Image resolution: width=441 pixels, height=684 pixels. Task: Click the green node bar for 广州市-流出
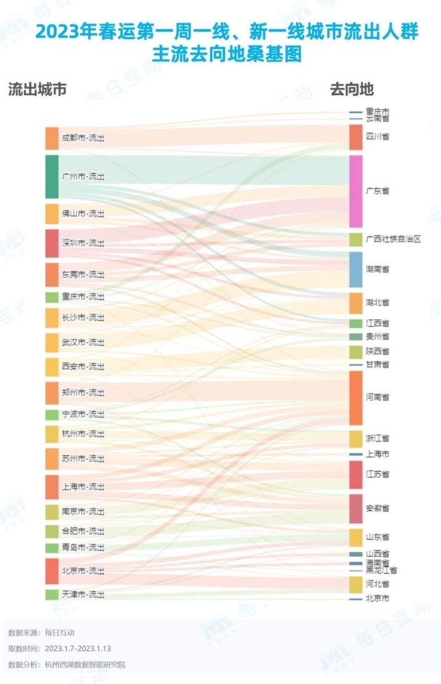click(52, 177)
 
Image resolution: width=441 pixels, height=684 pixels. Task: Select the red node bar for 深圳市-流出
click(52, 243)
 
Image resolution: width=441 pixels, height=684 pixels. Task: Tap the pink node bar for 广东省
click(356, 191)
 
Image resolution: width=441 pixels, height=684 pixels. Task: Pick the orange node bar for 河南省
click(356, 398)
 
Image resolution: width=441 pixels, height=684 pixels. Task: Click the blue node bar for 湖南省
click(356, 270)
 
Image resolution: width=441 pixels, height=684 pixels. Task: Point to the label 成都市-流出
click(83, 138)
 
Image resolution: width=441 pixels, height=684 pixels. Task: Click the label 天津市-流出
click(83, 594)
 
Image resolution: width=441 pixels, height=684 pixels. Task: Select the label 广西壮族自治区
click(393, 239)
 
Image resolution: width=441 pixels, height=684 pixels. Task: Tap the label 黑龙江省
click(382, 570)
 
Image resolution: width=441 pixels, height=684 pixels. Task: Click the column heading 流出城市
click(37, 90)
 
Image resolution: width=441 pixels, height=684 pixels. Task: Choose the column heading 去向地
click(352, 90)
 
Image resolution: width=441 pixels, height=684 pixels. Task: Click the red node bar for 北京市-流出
click(52, 571)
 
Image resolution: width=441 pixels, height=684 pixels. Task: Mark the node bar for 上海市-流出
click(52, 486)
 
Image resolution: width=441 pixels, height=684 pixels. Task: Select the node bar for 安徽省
click(356, 509)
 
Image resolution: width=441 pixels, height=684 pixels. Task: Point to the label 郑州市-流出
click(83, 393)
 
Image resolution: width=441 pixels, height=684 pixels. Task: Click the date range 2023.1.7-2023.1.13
click(77, 649)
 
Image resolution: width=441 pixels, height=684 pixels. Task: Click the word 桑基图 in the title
click(279, 55)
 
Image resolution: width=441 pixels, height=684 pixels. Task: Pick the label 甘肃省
click(377, 365)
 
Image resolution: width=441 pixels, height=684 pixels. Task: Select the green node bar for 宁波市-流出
click(52, 414)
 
